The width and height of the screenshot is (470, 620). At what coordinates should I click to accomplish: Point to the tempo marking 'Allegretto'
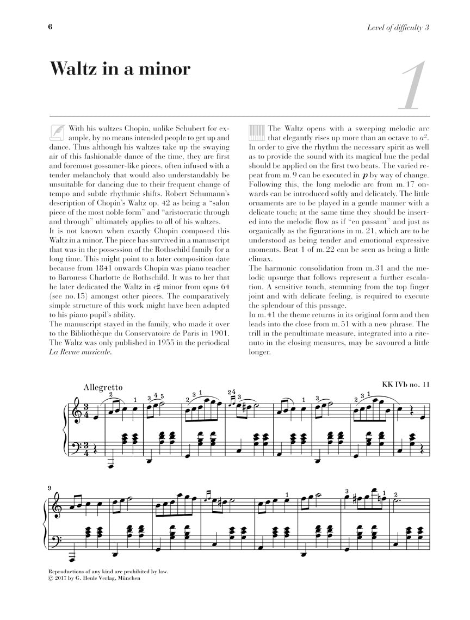tap(103, 387)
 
